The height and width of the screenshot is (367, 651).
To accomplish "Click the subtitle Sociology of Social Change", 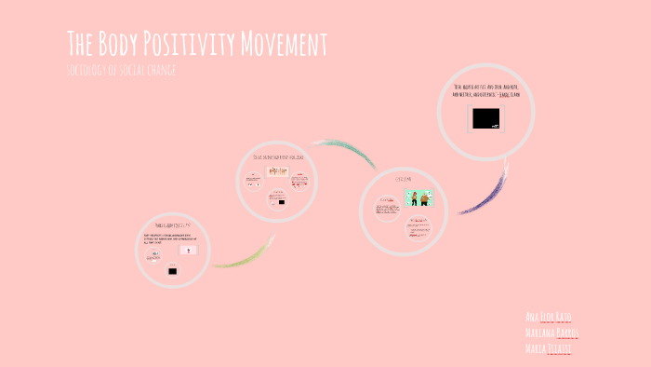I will tap(122, 72).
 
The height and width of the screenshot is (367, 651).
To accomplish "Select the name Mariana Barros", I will tap(552, 333).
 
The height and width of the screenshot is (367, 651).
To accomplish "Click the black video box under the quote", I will tap(485, 118).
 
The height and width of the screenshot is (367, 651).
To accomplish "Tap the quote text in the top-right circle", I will tap(485, 90).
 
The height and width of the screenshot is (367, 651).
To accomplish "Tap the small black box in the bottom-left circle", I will tap(172, 271).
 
